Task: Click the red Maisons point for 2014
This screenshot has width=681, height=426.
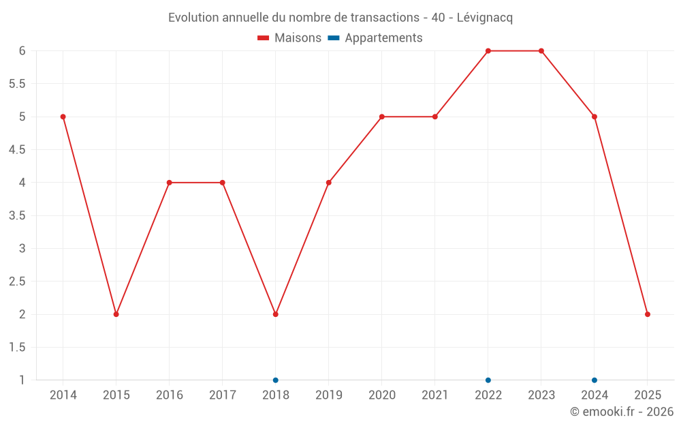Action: pyautogui.click(x=63, y=117)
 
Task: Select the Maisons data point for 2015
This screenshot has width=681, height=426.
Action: pyautogui.click(x=116, y=314)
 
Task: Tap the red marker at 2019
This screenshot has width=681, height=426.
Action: pyautogui.click(x=329, y=183)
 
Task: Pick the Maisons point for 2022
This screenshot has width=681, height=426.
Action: pyautogui.click(x=488, y=51)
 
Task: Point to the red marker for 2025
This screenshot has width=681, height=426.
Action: pyautogui.click(x=648, y=314)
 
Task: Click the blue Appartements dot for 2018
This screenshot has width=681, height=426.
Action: pyautogui.click(x=276, y=380)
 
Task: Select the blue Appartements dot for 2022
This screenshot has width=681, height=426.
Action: pyautogui.click(x=488, y=380)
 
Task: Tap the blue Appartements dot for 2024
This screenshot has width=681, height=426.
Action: pyautogui.click(x=595, y=380)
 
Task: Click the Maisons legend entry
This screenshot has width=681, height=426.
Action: pyautogui.click(x=289, y=38)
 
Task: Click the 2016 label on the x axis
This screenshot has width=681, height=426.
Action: pyautogui.click(x=170, y=395)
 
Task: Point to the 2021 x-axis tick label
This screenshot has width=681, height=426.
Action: pyautogui.click(x=435, y=395)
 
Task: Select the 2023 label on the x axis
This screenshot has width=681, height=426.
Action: pyautogui.click(x=541, y=395)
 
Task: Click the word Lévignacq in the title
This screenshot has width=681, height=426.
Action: pyautogui.click(x=484, y=18)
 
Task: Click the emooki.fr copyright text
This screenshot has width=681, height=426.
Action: pyautogui.click(x=621, y=412)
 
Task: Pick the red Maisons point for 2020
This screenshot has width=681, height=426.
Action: pyautogui.click(x=382, y=117)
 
